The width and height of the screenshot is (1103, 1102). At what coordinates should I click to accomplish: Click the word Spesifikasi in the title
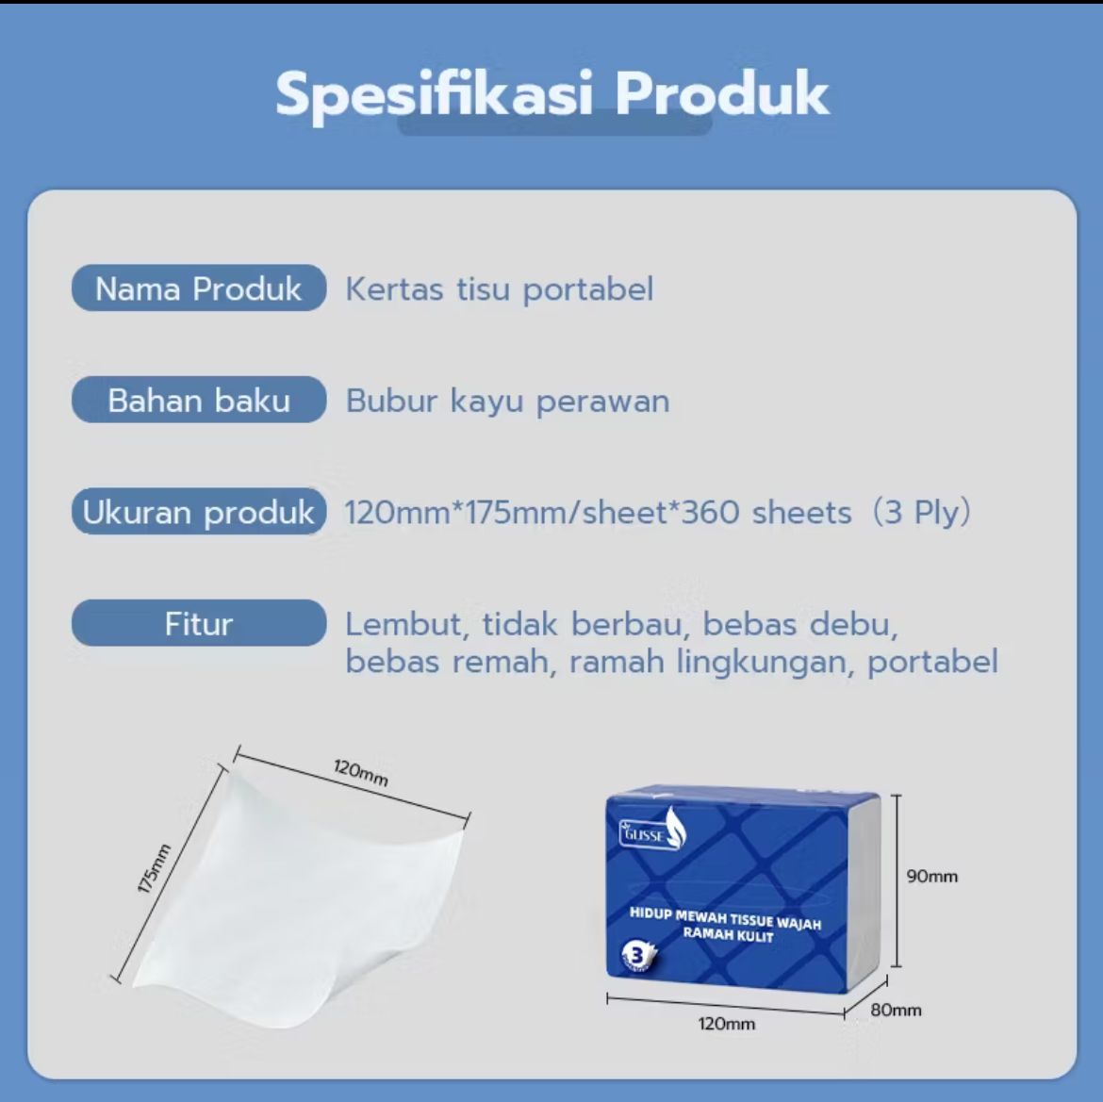(x=434, y=94)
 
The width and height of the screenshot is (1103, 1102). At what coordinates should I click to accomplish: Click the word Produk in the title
(x=722, y=94)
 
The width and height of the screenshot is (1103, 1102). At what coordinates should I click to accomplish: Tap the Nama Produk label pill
(x=198, y=288)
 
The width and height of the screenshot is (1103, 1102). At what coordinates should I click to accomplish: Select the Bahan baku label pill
(x=198, y=401)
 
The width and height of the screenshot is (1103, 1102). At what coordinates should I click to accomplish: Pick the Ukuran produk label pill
(x=198, y=512)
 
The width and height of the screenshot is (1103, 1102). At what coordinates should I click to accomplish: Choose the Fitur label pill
(x=198, y=624)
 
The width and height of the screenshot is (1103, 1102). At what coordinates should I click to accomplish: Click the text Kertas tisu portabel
(x=499, y=289)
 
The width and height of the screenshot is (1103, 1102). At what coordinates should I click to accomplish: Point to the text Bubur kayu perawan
(x=507, y=402)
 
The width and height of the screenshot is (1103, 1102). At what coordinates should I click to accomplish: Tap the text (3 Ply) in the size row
(x=920, y=513)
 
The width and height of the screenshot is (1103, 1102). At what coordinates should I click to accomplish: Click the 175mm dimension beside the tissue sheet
(x=154, y=867)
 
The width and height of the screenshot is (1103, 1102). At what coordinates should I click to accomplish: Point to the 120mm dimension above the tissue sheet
(x=361, y=772)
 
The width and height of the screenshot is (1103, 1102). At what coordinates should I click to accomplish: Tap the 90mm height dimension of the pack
(x=931, y=877)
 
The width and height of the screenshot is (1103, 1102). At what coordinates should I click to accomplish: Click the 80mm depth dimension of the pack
(x=896, y=1010)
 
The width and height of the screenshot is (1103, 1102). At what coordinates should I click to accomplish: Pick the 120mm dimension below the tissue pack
(x=726, y=1024)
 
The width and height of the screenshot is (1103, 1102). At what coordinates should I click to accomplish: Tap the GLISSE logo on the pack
(x=651, y=831)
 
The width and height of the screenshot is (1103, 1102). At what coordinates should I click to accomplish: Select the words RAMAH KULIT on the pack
(x=728, y=935)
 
